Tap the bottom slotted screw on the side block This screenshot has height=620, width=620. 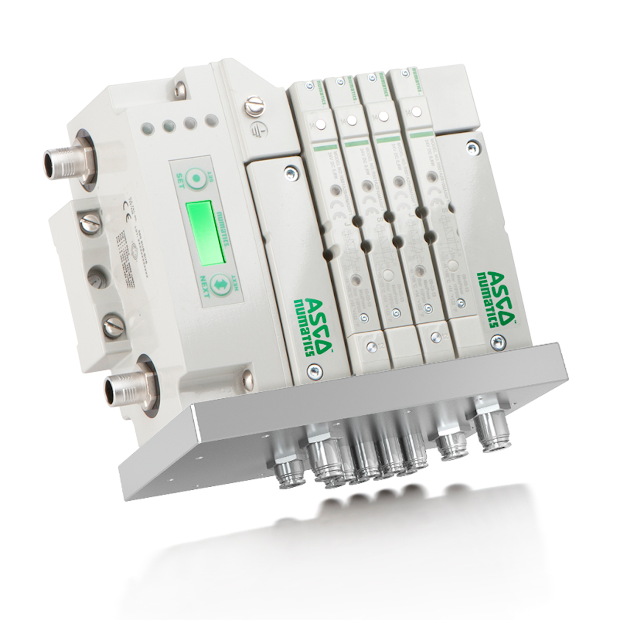coord(113,326)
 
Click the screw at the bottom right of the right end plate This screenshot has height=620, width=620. coord(497,340)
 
